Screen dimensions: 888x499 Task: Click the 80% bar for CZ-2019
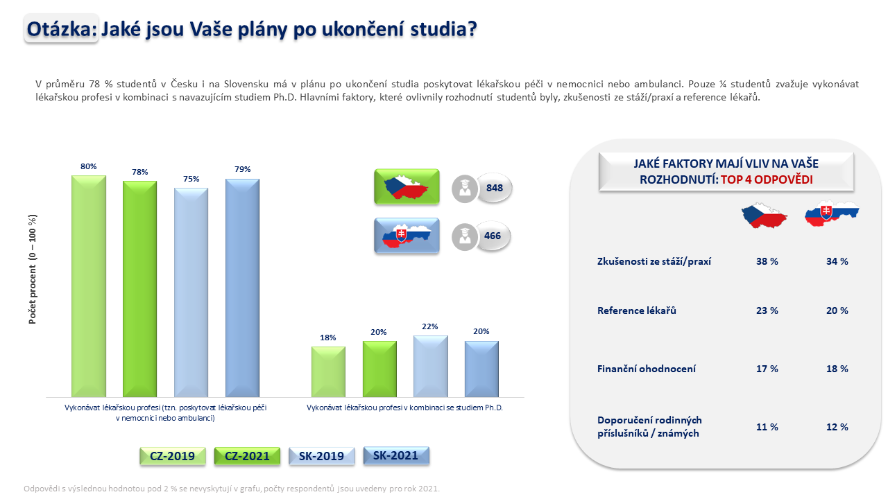pyautogui.click(x=88, y=286)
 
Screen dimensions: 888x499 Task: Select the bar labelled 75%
pyautogui.click(x=191, y=292)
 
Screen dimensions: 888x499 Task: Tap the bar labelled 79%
pyautogui.click(x=243, y=288)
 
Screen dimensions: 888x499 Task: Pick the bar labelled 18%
pyautogui.click(x=328, y=372)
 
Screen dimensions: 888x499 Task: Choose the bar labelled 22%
pyautogui.click(x=431, y=367)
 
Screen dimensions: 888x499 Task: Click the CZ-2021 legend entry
pyautogui.click(x=247, y=456)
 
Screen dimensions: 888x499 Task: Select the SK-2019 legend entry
pyautogui.click(x=321, y=456)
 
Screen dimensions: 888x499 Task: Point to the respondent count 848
pyautogui.click(x=495, y=188)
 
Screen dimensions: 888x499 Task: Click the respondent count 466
pyautogui.click(x=493, y=236)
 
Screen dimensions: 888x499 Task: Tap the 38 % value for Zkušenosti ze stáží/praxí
pyautogui.click(x=767, y=261)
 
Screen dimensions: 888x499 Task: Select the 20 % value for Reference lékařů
pyautogui.click(x=837, y=310)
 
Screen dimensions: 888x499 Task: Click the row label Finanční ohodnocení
pyautogui.click(x=647, y=369)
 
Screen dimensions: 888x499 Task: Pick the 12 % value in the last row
pyautogui.click(x=837, y=427)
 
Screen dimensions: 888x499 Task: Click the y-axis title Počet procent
pyautogui.click(x=33, y=270)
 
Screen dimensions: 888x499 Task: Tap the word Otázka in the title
pyautogui.click(x=59, y=29)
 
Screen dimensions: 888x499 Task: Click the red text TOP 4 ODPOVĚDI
pyautogui.click(x=767, y=180)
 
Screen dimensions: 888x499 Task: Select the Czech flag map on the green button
pyautogui.click(x=407, y=186)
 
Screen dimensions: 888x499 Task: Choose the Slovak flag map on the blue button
pyautogui.click(x=407, y=236)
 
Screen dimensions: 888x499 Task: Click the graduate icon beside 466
pyautogui.click(x=465, y=237)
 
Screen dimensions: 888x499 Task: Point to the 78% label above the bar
pyautogui.click(x=140, y=172)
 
